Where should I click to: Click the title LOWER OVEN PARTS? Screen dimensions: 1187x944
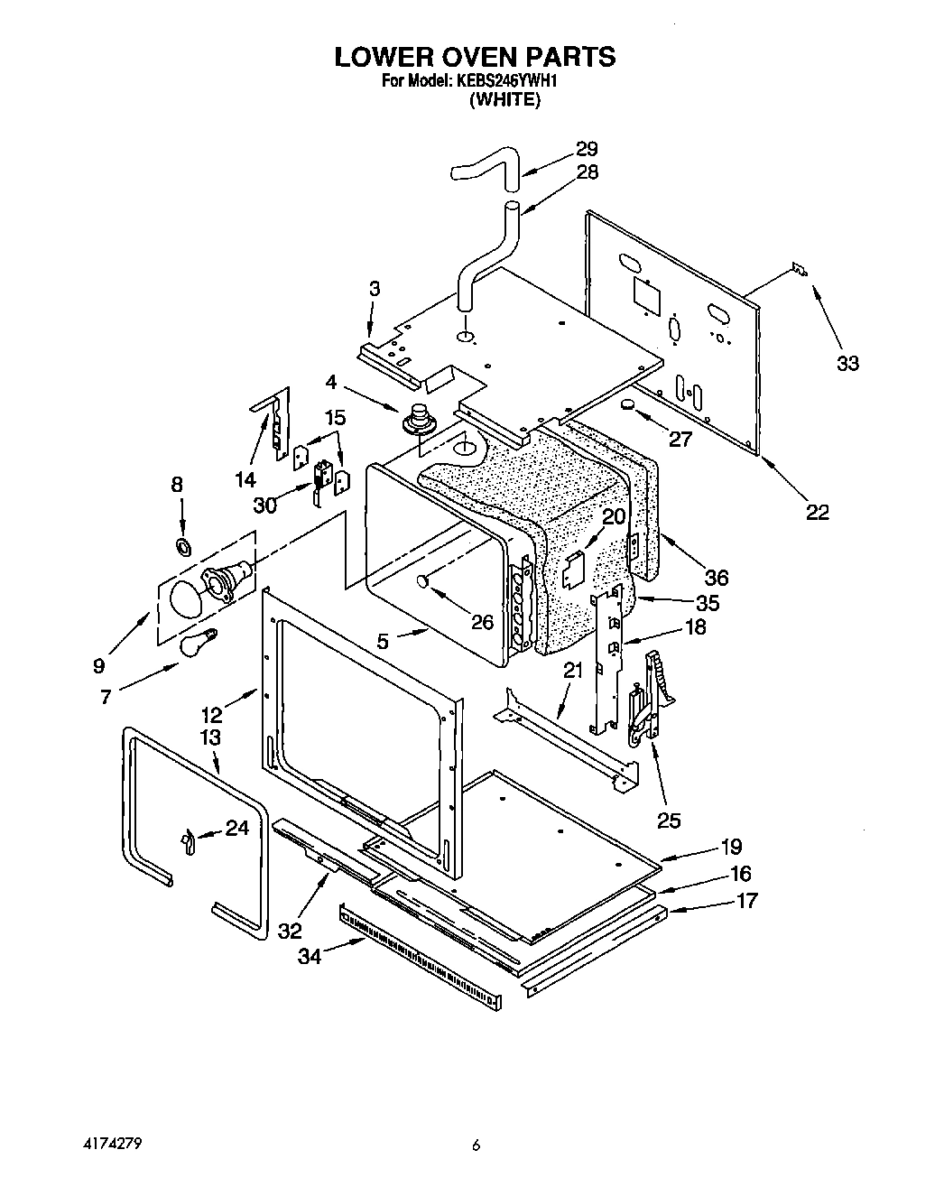tap(475, 57)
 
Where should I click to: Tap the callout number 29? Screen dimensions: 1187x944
tap(587, 149)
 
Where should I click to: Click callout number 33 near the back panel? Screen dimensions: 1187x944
tap(847, 363)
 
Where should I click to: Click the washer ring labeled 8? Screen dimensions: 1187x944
tap(182, 545)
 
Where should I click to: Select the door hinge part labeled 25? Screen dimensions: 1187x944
tap(648, 704)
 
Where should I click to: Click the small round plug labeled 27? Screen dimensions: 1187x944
tap(627, 406)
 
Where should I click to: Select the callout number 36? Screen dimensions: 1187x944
tap(717, 577)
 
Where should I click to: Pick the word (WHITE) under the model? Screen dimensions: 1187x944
tap(504, 100)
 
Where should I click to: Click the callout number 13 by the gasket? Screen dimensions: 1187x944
tap(210, 737)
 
